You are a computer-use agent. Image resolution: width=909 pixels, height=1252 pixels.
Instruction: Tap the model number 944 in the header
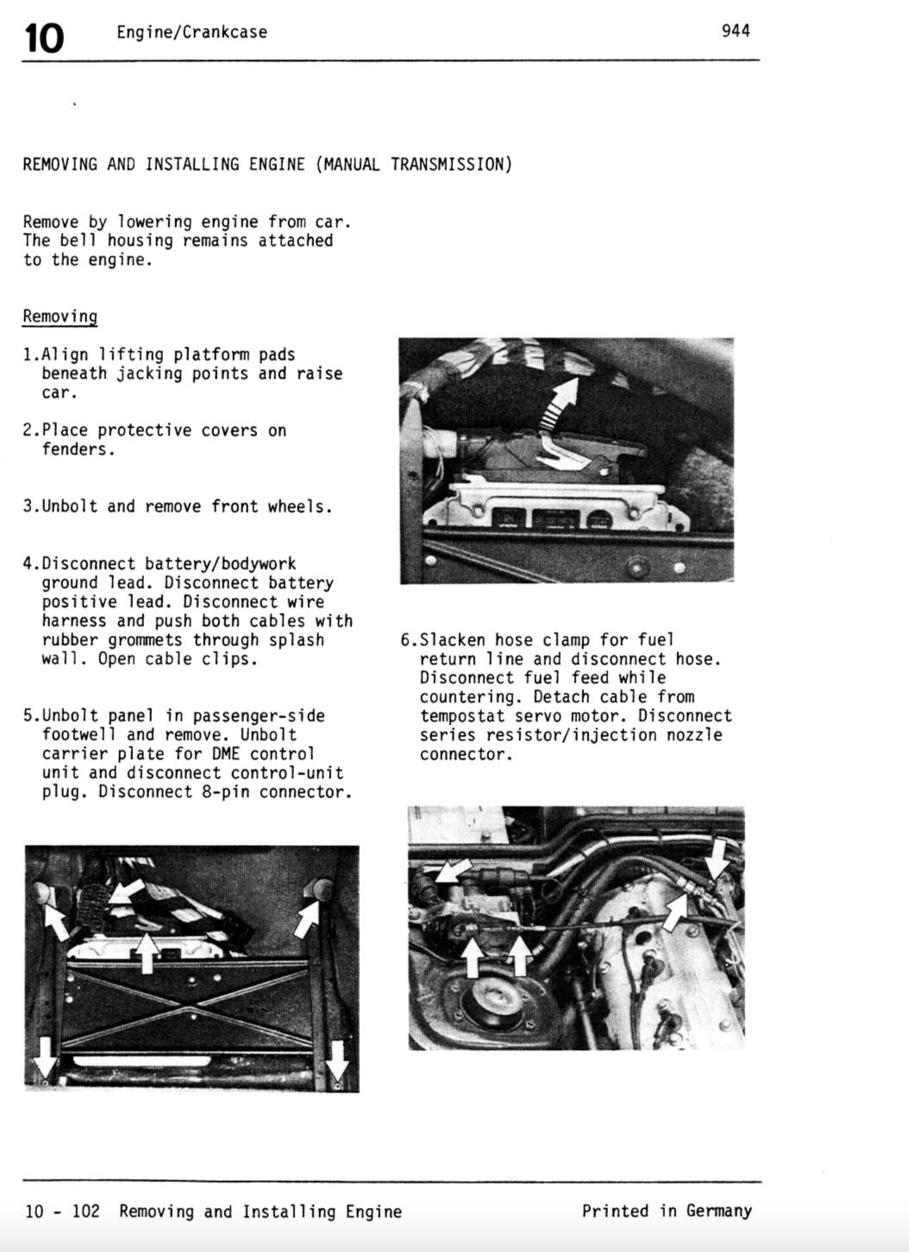pyautogui.click(x=736, y=31)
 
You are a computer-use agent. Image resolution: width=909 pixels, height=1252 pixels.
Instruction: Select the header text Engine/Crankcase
pyautogui.click(x=191, y=33)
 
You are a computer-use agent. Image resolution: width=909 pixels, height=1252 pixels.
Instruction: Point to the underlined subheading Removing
pyautogui.click(x=60, y=316)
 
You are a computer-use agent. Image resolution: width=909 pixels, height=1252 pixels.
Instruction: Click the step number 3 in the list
pyautogui.click(x=28, y=506)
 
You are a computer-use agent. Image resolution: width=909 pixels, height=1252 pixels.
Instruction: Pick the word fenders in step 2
pyautogui.click(x=77, y=449)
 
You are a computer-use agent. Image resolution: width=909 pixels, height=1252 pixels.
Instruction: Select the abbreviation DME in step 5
pyautogui.click(x=225, y=754)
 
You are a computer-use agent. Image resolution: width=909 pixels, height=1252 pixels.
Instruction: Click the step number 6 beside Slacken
pyautogui.click(x=404, y=640)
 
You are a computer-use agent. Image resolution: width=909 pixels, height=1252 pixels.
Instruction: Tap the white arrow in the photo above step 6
pyautogui.click(x=561, y=402)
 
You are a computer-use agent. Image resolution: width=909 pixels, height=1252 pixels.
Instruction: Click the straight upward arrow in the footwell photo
pyautogui.click(x=147, y=951)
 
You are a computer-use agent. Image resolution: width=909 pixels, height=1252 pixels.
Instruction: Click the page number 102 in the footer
pyautogui.click(x=85, y=1211)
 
